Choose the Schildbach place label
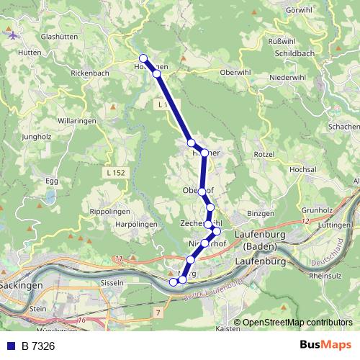click(x=297, y=54)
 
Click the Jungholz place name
click(x=37, y=135)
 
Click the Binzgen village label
click(x=261, y=215)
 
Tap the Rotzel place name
click(x=264, y=154)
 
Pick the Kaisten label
click(x=228, y=328)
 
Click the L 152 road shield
click(x=114, y=173)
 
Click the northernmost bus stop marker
click(x=143, y=58)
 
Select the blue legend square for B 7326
click(x=11, y=346)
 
